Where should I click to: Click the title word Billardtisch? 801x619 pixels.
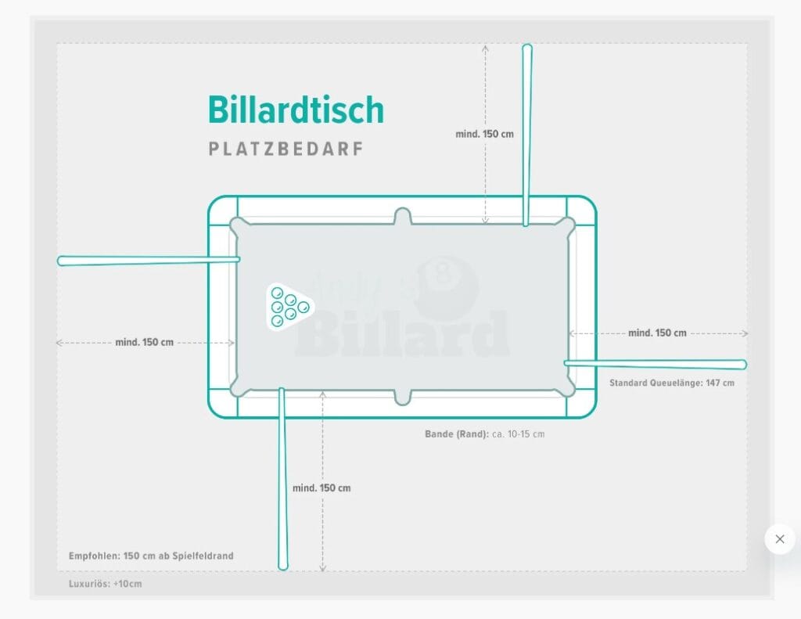point(296,110)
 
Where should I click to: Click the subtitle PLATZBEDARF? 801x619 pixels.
point(286,149)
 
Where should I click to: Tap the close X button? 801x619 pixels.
point(780,538)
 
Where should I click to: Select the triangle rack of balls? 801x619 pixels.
point(289,307)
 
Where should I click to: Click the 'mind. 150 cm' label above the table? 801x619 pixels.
point(484,134)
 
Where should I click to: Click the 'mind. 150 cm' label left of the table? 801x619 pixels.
point(145,342)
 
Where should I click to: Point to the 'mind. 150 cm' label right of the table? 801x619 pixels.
point(657,333)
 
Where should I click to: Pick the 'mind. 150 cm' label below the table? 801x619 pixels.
point(321,488)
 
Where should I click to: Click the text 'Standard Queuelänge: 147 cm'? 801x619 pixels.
point(672,383)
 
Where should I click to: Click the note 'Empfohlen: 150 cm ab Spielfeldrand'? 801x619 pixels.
point(151,556)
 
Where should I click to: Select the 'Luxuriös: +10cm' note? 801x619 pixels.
point(106,584)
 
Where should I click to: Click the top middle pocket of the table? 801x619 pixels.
point(403,216)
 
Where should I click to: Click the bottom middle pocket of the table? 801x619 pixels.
point(403,398)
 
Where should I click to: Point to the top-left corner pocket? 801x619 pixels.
point(238,225)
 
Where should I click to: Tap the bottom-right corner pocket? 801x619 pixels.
point(566,388)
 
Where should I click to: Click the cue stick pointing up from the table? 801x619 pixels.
point(526,135)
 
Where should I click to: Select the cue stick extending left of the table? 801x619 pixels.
point(148,261)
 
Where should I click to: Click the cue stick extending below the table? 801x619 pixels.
point(282,479)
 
